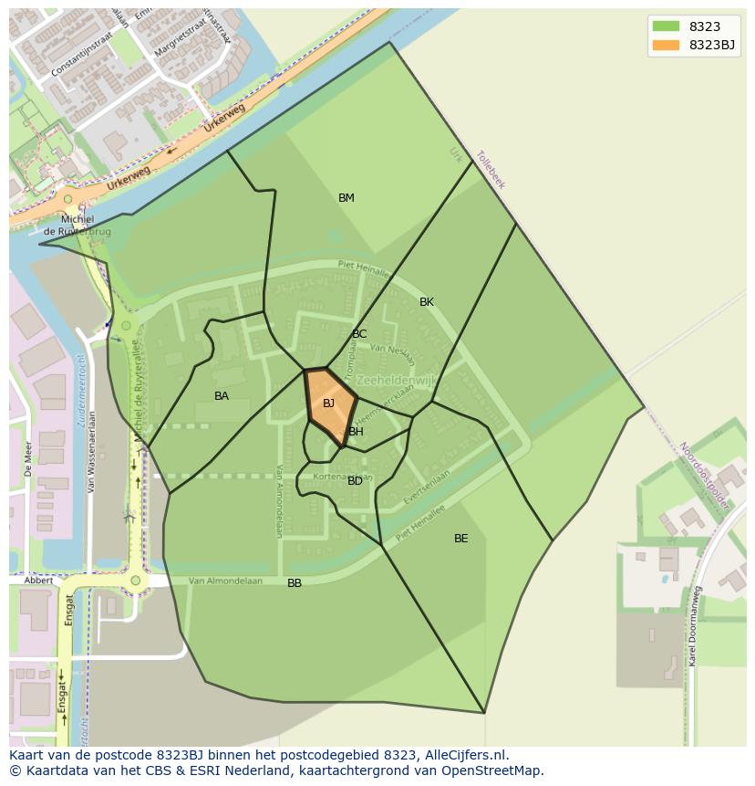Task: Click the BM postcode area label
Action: [x=346, y=198]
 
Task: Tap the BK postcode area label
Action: [x=427, y=302]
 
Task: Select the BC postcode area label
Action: [x=359, y=334]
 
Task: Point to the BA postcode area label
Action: [x=222, y=396]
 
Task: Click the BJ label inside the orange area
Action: [x=328, y=403]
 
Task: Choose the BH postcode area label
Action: [x=356, y=432]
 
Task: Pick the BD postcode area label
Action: [x=355, y=481]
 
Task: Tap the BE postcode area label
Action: [x=461, y=539]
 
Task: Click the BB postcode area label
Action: [x=295, y=583]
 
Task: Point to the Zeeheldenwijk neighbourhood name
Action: [x=397, y=380]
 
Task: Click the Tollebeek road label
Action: [x=491, y=170]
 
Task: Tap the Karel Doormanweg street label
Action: [x=696, y=625]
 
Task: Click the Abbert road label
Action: [x=38, y=581]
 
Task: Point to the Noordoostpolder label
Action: [x=704, y=476]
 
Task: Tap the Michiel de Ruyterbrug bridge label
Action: [x=78, y=225]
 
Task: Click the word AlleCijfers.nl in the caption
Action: [x=462, y=755]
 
